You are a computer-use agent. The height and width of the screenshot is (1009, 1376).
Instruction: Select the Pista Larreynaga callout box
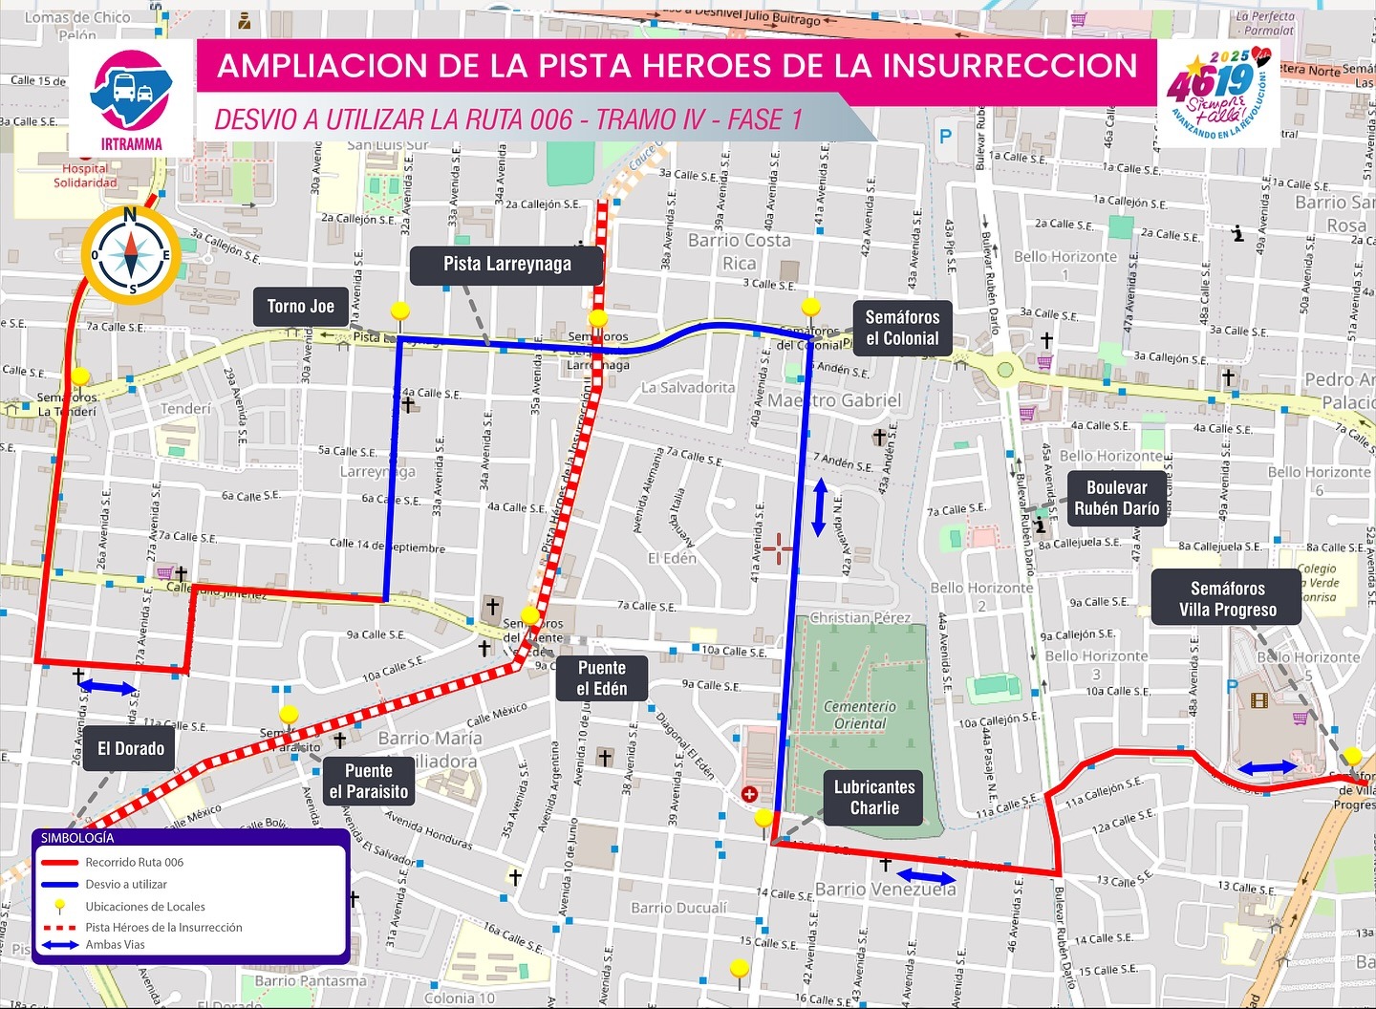[506, 265]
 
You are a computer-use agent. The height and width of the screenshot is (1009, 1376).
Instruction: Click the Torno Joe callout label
[300, 307]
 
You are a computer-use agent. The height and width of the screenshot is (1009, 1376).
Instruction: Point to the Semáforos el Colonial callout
[902, 328]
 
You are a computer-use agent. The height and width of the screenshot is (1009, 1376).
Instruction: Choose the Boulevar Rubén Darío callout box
[1116, 498]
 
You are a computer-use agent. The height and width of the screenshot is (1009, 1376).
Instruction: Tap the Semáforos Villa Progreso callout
[1227, 599]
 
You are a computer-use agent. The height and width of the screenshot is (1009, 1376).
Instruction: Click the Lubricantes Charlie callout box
[873, 798]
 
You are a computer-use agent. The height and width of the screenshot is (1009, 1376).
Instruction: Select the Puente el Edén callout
[602, 678]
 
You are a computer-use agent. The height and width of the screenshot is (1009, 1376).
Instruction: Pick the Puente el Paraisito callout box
[368, 782]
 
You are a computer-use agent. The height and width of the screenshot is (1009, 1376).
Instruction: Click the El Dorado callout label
[131, 749]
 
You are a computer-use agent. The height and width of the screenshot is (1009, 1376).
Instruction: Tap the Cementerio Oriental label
[860, 715]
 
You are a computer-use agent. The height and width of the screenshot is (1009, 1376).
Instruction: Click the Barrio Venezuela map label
[885, 890]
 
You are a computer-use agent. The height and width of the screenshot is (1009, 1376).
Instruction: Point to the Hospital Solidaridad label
[85, 176]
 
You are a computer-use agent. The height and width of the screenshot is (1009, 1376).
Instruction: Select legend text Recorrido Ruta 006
[134, 862]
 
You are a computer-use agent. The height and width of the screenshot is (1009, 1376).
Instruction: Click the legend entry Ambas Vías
[115, 945]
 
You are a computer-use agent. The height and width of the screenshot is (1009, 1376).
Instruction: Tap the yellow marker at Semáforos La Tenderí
[80, 376]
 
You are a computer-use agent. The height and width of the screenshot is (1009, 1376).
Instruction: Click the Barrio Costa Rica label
[740, 252]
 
